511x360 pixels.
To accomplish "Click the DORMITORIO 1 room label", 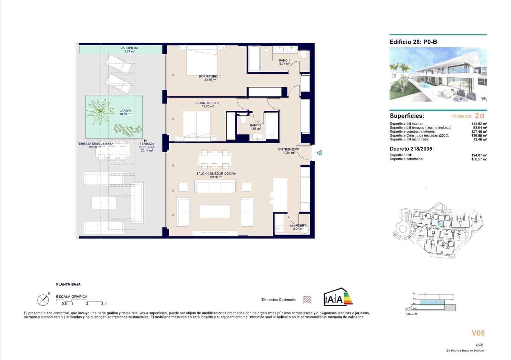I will [210, 77].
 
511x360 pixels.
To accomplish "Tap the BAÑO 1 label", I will [284, 60].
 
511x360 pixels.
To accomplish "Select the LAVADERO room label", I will [298, 226].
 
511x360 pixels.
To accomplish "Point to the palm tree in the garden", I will [101, 111].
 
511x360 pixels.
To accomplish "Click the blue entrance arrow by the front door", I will [319, 153].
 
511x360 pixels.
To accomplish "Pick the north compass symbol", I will [43, 300].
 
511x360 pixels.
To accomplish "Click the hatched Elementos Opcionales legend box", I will [307, 300].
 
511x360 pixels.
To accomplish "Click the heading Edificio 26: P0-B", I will [413, 42].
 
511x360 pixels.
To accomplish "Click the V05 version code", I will [478, 333].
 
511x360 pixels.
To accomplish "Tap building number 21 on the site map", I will [421, 231].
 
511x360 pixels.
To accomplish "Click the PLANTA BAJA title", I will [68, 284].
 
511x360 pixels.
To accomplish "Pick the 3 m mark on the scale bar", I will [104, 304].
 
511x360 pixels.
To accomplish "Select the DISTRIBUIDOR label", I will [289, 149].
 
